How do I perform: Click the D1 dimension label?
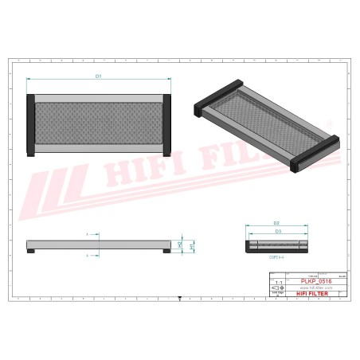coord(99,76)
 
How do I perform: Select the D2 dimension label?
coord(276,223)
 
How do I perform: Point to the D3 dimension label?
coord(276,230)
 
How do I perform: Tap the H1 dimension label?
coord(192,247)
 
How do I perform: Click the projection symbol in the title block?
coord(277,288)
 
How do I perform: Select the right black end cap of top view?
coord(168,126)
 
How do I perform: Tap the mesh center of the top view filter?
coord(99,125)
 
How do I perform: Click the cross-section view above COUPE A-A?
coord(276,244)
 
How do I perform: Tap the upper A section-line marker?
coord(86,234)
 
